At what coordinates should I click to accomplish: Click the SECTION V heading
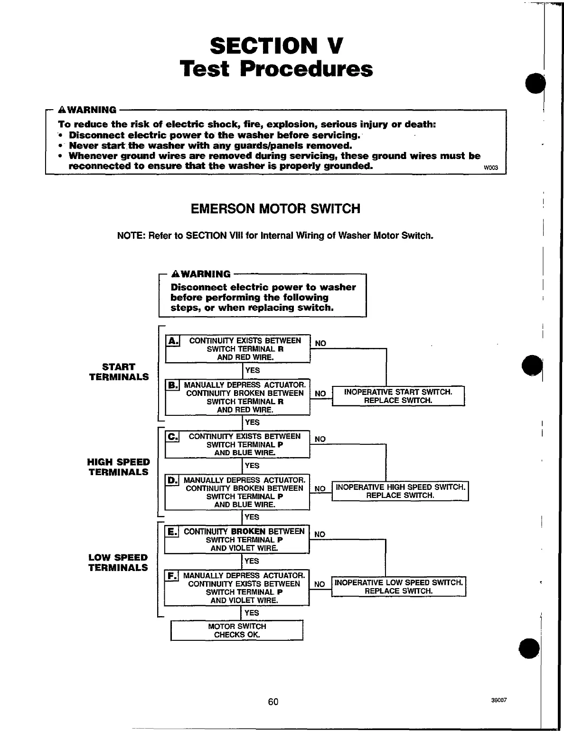click(x=276, y=46)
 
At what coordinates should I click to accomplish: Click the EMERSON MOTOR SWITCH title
click(x=275, y=209)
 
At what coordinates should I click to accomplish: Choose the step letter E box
click(x=172, y=532)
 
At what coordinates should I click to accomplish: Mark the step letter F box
click(x=172, y=576)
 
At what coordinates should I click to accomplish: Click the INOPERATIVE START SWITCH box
click(x=398, y=396)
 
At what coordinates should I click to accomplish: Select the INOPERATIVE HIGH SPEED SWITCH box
click(x=400, y=491)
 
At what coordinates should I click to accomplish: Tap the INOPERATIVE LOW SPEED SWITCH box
click(x=398, y=587)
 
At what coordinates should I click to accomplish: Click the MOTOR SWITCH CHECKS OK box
click(x=236, y=630)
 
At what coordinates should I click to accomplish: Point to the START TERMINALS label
click(x=119, y=372)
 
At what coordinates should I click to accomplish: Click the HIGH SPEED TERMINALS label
click(x=118, y=467)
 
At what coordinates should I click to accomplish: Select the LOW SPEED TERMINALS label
click(x=118, y=562)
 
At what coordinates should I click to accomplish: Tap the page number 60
click(x=273, y=702)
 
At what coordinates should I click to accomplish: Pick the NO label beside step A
click(x=320, y=344)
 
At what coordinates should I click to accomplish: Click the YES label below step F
click(x=252, y=613)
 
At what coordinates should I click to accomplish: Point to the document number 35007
click(x=500, y=700)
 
